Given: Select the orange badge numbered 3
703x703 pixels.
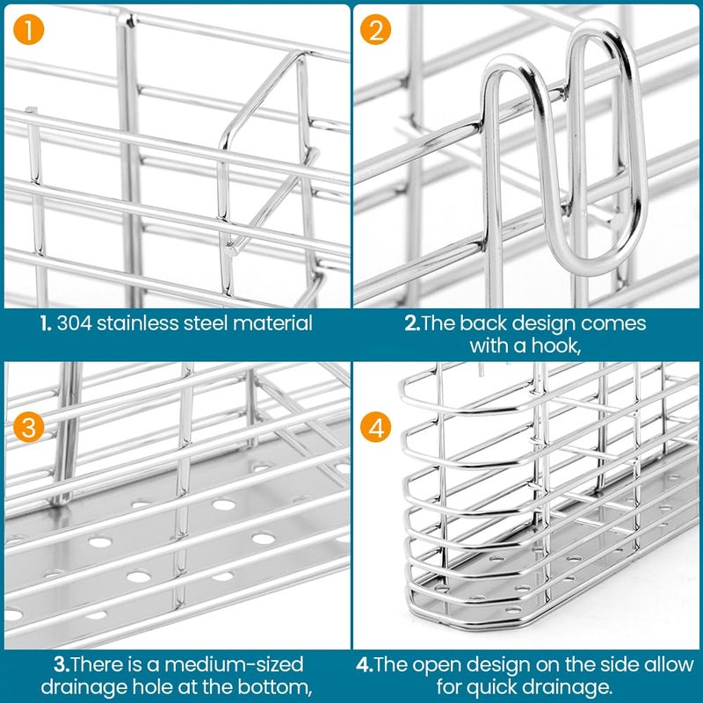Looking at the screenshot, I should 30,428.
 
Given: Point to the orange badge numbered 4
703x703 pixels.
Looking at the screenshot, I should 377,429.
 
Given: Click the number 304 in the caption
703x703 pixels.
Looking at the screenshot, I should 73,323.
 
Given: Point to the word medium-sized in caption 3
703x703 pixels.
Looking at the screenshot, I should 236,663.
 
